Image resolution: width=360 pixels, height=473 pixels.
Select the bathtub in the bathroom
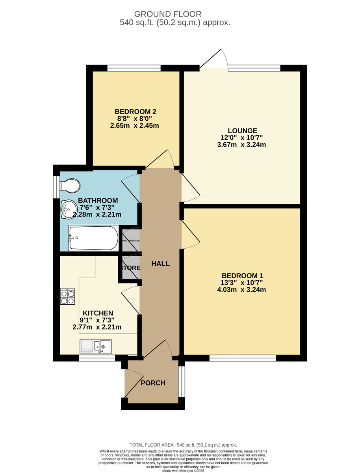93,238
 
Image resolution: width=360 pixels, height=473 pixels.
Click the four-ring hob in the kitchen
67,296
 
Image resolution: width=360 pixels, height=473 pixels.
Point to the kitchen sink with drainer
96,346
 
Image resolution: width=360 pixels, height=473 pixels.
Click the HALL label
160,264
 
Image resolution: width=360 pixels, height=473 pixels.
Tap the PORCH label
153,383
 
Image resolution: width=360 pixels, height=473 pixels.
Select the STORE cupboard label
130,268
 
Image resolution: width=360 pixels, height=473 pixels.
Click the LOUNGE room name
242,130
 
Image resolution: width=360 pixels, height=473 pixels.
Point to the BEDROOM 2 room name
130,112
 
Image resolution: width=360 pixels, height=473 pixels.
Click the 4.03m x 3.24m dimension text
242,290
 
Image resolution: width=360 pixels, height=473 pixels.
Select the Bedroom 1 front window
243,358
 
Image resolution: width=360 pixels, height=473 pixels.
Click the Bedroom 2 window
134,68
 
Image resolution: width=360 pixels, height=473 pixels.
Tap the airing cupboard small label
130,240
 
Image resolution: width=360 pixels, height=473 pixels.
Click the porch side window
181,382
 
